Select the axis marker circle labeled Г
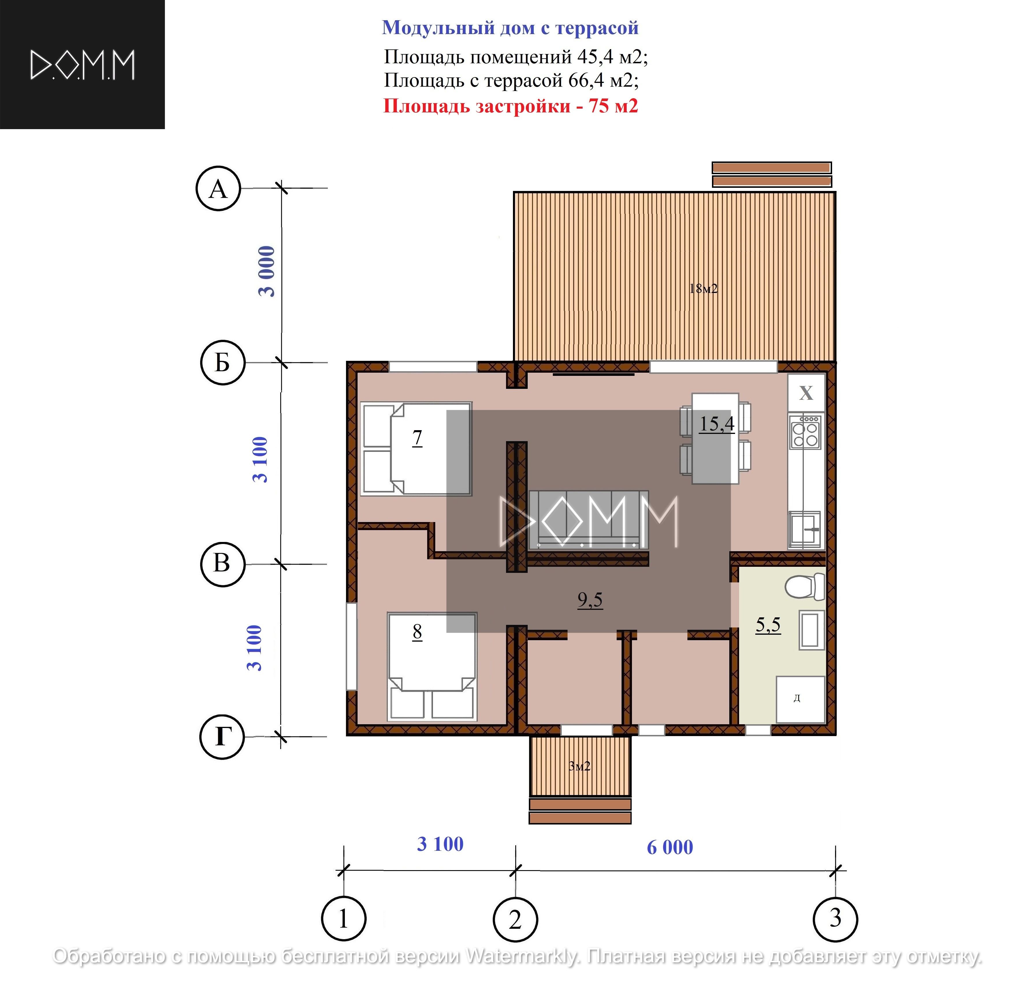tap(222, 736)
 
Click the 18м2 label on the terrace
tap(703, 289)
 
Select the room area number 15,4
tap(717, 424)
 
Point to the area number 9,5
tap(590, 599)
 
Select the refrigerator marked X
tap(806, 393)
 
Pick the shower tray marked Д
tap(800, 699)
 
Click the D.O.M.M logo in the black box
tap(83, 65)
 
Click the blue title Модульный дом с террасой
tap(510, 27)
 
